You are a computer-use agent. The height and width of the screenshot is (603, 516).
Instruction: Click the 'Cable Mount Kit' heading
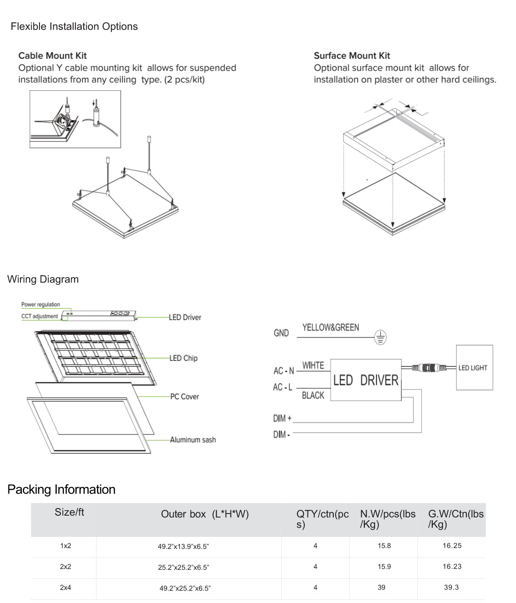click(x=52, y=56)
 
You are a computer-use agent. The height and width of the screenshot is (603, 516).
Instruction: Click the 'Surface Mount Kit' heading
click(x=352, y=56)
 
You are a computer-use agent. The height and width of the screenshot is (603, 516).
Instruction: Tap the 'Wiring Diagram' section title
click(x=43, y=279)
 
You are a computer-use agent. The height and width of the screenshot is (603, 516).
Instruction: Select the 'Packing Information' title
click(x=61, y=489)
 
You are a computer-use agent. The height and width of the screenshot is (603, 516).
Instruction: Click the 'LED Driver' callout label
click(x=185, y=318)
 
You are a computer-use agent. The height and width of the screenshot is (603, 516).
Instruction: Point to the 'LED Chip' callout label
click(x=184, y=358)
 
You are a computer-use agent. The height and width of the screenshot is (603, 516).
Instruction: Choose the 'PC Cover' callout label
click(x=184, y=397)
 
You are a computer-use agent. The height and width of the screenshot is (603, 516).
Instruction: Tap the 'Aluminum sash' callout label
click(x=193, y=440)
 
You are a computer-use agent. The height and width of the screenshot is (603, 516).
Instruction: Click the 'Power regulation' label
click(x=41, y=305)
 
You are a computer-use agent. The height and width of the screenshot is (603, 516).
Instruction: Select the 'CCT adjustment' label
click(x=40, y=316)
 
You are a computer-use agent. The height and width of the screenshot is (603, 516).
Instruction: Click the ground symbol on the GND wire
click(x=380, y=337)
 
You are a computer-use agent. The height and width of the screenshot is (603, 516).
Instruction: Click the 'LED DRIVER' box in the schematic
click(x=366, y=380)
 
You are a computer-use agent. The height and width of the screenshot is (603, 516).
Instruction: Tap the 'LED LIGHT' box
click(x=474, y=367)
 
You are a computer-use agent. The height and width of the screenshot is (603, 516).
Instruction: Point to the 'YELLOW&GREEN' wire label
click(x=330, y=328)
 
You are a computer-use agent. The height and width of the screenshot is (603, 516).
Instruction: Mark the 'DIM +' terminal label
click(x=282, y=418)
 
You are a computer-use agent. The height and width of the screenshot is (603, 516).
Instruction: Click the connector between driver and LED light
click(x=428, y=367)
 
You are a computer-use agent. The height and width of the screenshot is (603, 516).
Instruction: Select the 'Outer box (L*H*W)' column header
click(x=205, y=514)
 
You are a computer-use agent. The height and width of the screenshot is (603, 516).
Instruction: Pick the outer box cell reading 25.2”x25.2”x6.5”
click(x=184, y=567)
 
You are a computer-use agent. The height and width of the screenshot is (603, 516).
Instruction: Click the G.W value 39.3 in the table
click(x=451, y=587)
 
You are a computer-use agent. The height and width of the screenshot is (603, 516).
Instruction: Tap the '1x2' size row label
click(x=66, y=546)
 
